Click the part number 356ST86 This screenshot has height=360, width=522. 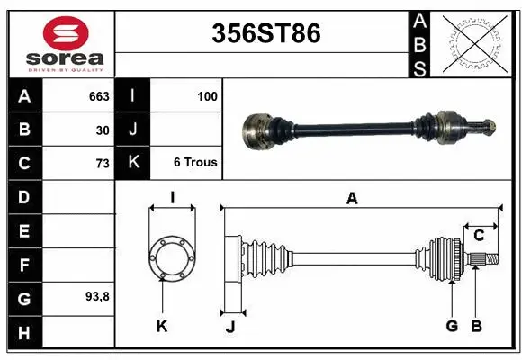(265, 33)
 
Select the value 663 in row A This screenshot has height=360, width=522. (99, 96)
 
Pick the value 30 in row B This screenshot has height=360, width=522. (103, 130)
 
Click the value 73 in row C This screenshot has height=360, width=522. (102, 163)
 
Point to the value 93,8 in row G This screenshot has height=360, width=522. (96, 296)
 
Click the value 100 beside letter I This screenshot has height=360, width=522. (207, 96)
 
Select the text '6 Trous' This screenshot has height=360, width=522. (195, 163)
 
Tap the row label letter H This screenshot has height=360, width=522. (23, 332)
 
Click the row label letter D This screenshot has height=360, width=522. (23, 196)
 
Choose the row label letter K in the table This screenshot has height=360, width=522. (133, 163)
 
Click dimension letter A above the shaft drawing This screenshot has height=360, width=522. (352, 199)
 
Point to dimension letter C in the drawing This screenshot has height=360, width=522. (479, 236)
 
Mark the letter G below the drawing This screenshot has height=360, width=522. (452, 326)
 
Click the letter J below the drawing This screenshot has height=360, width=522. (230, 327)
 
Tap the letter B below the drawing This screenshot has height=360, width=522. (477, 326)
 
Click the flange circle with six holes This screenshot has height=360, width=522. (171, 258)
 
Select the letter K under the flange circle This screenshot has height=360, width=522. (162, 326)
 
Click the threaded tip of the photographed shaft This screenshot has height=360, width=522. (490, 125)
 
